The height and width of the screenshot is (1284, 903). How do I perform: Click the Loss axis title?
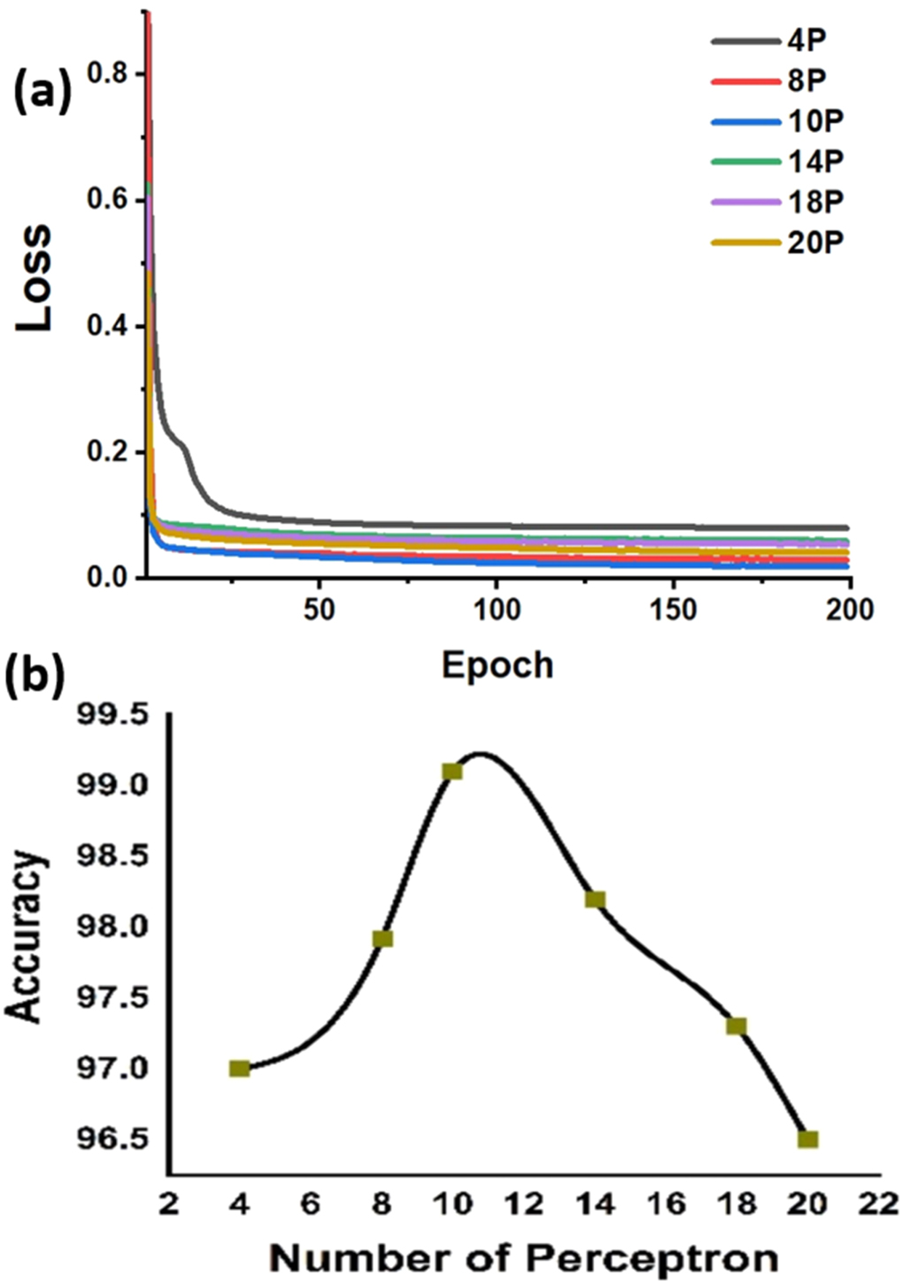tap(35, 278)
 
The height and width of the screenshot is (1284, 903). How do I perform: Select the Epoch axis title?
tap(498, 665)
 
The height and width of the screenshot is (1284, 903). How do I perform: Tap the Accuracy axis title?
tap(24, 936)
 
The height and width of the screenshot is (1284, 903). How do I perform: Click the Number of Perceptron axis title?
tap(524, 1257)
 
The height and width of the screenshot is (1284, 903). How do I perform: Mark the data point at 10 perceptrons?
tap(452, 772)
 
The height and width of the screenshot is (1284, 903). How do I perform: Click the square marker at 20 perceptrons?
tap(807, 1139)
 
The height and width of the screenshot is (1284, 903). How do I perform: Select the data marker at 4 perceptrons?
tap(239, 1068)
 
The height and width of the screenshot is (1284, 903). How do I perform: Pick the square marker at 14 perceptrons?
tap(595, 900)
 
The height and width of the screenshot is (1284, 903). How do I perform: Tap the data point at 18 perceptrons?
tap(737, 1026)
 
